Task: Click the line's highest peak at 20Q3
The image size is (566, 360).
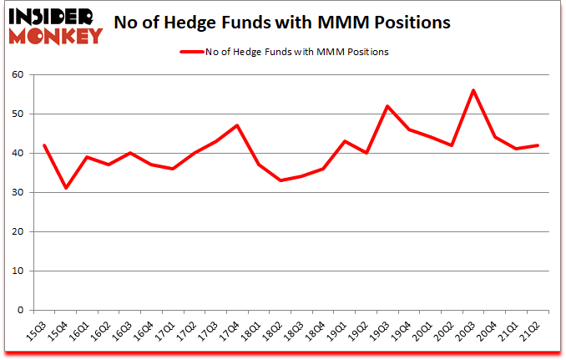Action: pyautogui.click(x=473, y=90)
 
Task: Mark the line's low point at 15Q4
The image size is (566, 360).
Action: pyautogui.click(x=65, y=188)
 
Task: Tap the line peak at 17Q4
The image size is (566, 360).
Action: pyautogui.click(x=237, y=125)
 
